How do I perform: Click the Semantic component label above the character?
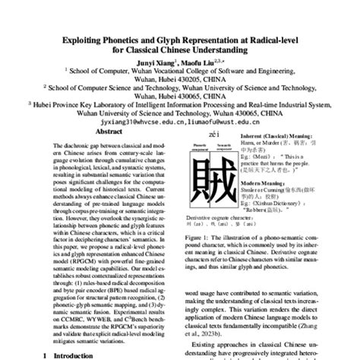point(225,144)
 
